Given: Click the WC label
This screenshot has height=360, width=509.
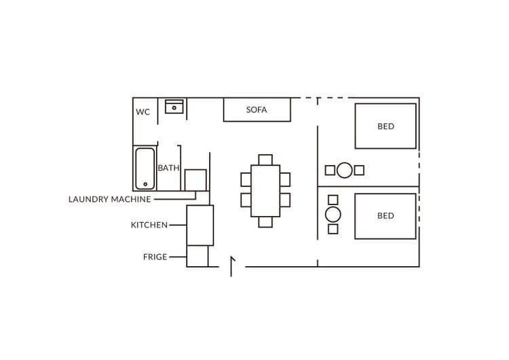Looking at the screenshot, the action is tap(143, 112).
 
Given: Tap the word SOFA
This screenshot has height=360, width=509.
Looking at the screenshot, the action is tap(257, 110).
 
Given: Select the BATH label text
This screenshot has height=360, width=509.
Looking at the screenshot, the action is tap(168, 168).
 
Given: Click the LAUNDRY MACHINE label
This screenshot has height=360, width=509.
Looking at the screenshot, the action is tap(110, 199).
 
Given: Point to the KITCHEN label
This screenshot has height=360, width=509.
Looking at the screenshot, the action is tap(149, 225).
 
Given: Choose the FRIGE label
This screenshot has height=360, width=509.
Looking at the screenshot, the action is tap(155, 257).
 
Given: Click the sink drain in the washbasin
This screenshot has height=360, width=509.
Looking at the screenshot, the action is tap(174, 108).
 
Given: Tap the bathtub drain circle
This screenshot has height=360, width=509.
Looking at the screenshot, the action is tap(145, 184).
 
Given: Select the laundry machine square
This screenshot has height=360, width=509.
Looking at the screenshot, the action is tap(195, 180).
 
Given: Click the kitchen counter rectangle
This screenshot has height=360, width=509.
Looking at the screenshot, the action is tap(200, 225).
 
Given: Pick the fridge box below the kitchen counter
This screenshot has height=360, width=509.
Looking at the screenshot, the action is tap(197, 256).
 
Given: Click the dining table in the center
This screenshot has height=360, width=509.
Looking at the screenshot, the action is tap(265, 191).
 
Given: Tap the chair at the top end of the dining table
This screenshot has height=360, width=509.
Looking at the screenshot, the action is tap(265, 160).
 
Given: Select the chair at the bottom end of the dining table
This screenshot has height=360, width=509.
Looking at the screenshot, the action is tap(265, 222).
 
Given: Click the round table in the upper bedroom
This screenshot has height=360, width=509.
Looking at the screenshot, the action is tap(344, 170).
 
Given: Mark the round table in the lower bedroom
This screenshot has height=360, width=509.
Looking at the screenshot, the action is tap(333, 215).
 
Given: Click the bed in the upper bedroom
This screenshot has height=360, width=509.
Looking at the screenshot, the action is tap(385, 126).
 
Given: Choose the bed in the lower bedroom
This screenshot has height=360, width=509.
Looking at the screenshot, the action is tap(385, 217).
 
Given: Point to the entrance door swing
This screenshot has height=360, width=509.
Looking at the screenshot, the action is tap(232, 266).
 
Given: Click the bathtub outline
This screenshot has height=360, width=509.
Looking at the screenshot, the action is tap(136, 168).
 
